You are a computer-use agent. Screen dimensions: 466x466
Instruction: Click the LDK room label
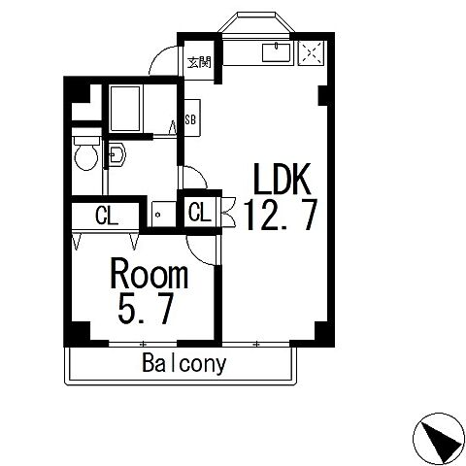[282, 179]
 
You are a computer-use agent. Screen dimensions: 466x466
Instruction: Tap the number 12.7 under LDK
[281, 215]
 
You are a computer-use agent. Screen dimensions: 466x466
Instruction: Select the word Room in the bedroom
[150, 274]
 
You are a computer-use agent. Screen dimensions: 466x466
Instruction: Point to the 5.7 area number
[145, 308]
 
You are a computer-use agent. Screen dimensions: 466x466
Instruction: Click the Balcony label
[183, 363]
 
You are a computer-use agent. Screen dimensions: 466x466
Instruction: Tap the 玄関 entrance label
[199, 62]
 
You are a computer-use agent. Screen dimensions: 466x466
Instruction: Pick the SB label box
[192, 118]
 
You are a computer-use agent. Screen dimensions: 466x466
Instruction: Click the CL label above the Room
[106, 216]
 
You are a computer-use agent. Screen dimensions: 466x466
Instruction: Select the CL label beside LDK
[200, 212]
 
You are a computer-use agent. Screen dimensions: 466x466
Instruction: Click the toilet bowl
[86, 153]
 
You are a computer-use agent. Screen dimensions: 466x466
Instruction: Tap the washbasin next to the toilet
[116, 154]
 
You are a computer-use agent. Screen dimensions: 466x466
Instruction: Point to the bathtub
[125, 109]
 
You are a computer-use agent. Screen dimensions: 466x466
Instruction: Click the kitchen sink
[276, 52]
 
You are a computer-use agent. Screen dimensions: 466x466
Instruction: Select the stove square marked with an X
[311, 52]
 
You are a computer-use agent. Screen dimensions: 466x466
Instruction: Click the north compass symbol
[439, 439]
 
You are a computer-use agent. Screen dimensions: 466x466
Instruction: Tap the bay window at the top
[256, 22]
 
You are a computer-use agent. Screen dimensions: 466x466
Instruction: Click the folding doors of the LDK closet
[229, 213]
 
